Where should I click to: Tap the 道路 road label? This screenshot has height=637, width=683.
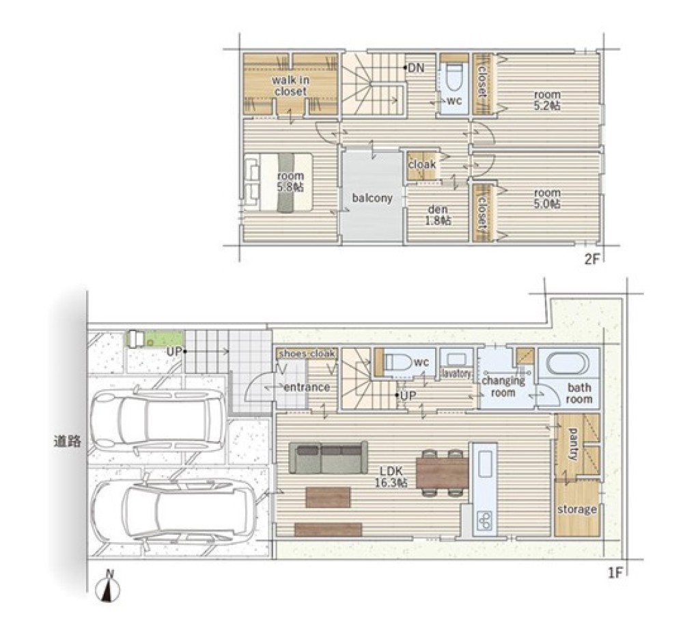coord(68,442)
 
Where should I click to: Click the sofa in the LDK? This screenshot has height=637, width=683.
coord(328,457)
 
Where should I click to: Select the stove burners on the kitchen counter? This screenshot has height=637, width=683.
coord(484,520)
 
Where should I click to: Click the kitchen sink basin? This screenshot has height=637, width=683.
coord(484,464)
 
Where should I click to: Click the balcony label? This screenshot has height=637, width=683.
coord(372,198)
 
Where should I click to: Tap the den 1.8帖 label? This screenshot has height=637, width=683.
coord(438,215)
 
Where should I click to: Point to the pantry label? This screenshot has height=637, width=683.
coord(573,444)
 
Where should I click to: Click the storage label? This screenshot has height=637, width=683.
coord(576,509)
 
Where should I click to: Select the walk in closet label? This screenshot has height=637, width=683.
coord(290,86)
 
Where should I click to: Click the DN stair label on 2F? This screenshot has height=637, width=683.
coord(415,68)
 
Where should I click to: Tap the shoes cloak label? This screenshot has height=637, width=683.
coord(307,354)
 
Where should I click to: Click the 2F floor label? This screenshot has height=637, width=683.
coord(592,259)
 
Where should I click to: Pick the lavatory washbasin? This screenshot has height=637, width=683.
coord(456,361)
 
